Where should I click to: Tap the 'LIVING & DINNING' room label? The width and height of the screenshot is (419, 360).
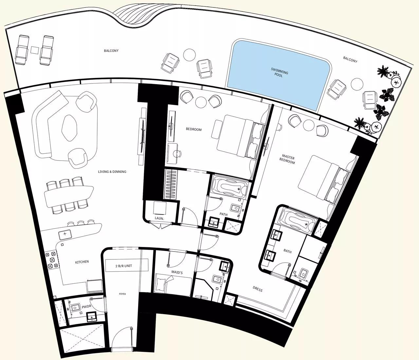coord(112,172)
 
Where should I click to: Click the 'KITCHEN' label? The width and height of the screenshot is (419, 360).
coord(82,262)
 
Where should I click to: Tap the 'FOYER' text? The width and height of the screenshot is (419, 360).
coord(122,294)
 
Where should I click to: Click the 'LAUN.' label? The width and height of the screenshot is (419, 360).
coord(159,218)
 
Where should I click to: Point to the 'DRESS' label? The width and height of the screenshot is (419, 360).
coord(258,290)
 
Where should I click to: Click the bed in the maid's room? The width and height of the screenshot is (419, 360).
coord(173,283)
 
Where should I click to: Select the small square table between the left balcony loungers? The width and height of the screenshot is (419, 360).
coord(35,50)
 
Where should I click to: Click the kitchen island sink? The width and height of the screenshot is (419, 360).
coord(65,234)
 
